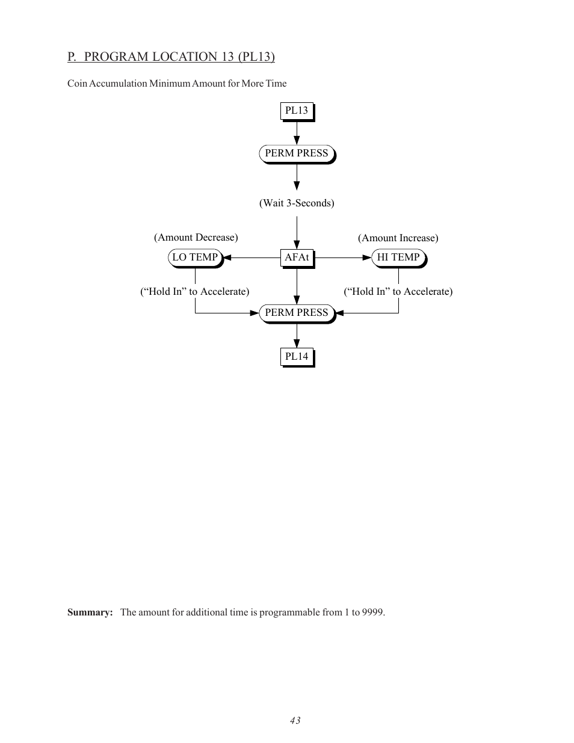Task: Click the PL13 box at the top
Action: point(297,111)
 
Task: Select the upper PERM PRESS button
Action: point(297,153)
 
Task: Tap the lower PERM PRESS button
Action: point(297,313)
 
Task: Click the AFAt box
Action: point(297,257)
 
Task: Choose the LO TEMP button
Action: point(195,257)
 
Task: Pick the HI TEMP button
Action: point(398,257)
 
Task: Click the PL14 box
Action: point(297,357)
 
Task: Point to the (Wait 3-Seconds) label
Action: point(297,203)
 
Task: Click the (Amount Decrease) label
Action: point(196,238)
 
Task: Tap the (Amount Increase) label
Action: point(398,238)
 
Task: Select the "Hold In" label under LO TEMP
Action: point(194,292)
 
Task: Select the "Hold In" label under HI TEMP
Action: point(398,292)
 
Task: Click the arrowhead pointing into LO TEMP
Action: point(227,257)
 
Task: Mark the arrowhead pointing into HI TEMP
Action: point(367,257)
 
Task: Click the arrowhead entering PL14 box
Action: point(297,344)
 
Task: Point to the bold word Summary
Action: point(90,612)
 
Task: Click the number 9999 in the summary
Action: point(372,612)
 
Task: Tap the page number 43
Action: point(295,721)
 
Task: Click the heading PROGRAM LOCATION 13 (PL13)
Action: point(179,57)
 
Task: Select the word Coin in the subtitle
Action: point(77,84)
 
